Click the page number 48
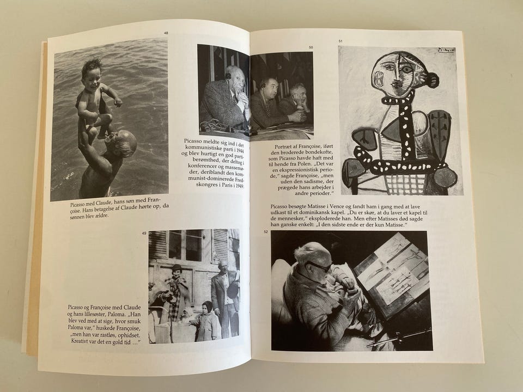coord(166,33)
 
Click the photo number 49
coord(144,233)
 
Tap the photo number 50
coord(311,47)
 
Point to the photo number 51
coord(340,41)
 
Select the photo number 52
coord(266,232)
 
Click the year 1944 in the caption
coord(240,146)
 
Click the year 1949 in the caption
coord(239,186)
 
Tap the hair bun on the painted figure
coord(431,79)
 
